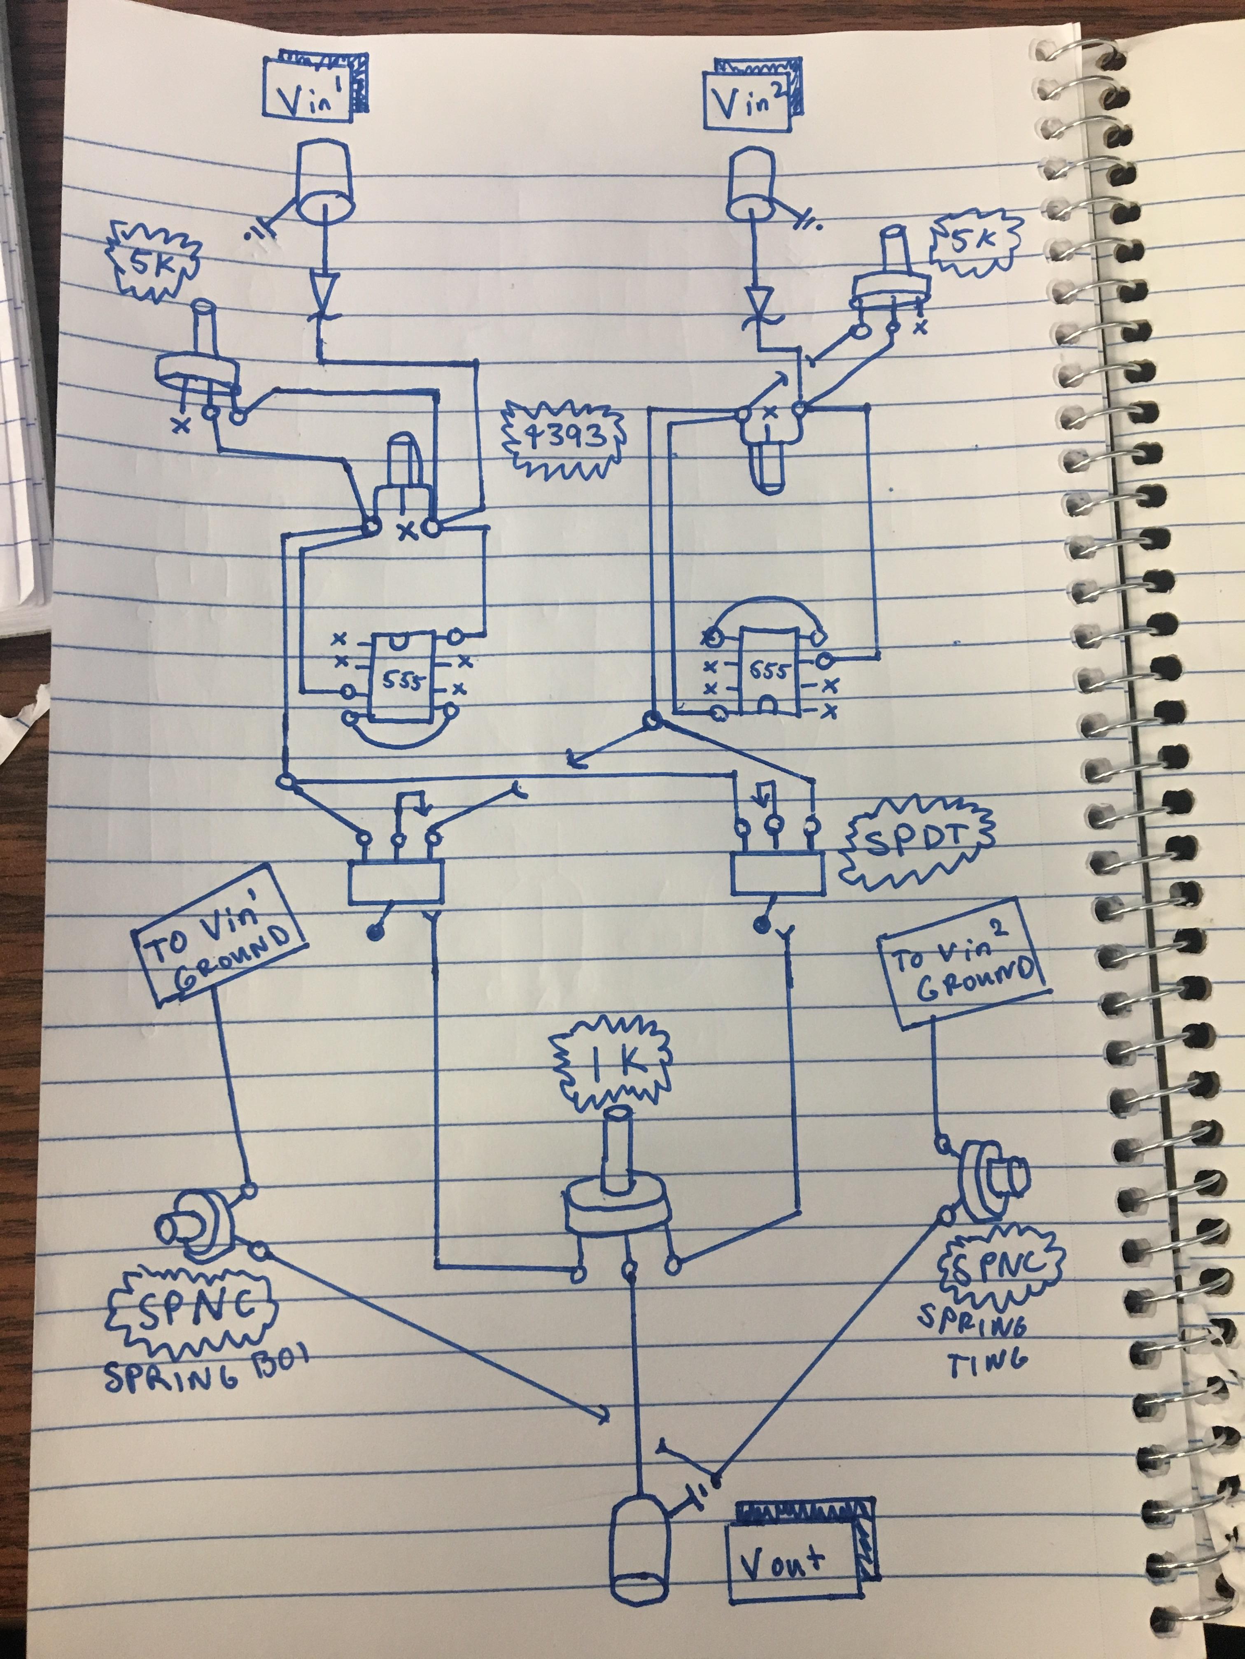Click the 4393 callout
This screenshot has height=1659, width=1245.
(564, 438)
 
